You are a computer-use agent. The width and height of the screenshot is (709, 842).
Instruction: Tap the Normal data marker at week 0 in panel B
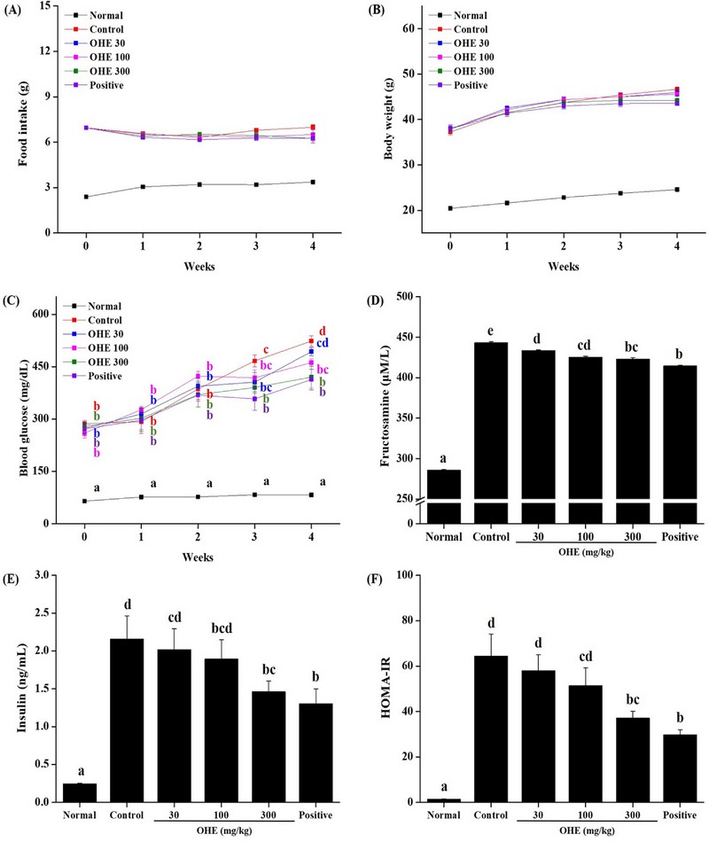pos(450,208)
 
